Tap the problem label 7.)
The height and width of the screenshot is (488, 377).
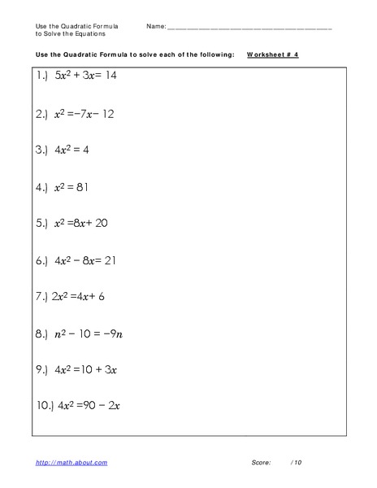click(43, 296)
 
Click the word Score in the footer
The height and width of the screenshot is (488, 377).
click(260, 463)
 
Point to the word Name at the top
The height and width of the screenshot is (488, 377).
click(155, 27)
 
